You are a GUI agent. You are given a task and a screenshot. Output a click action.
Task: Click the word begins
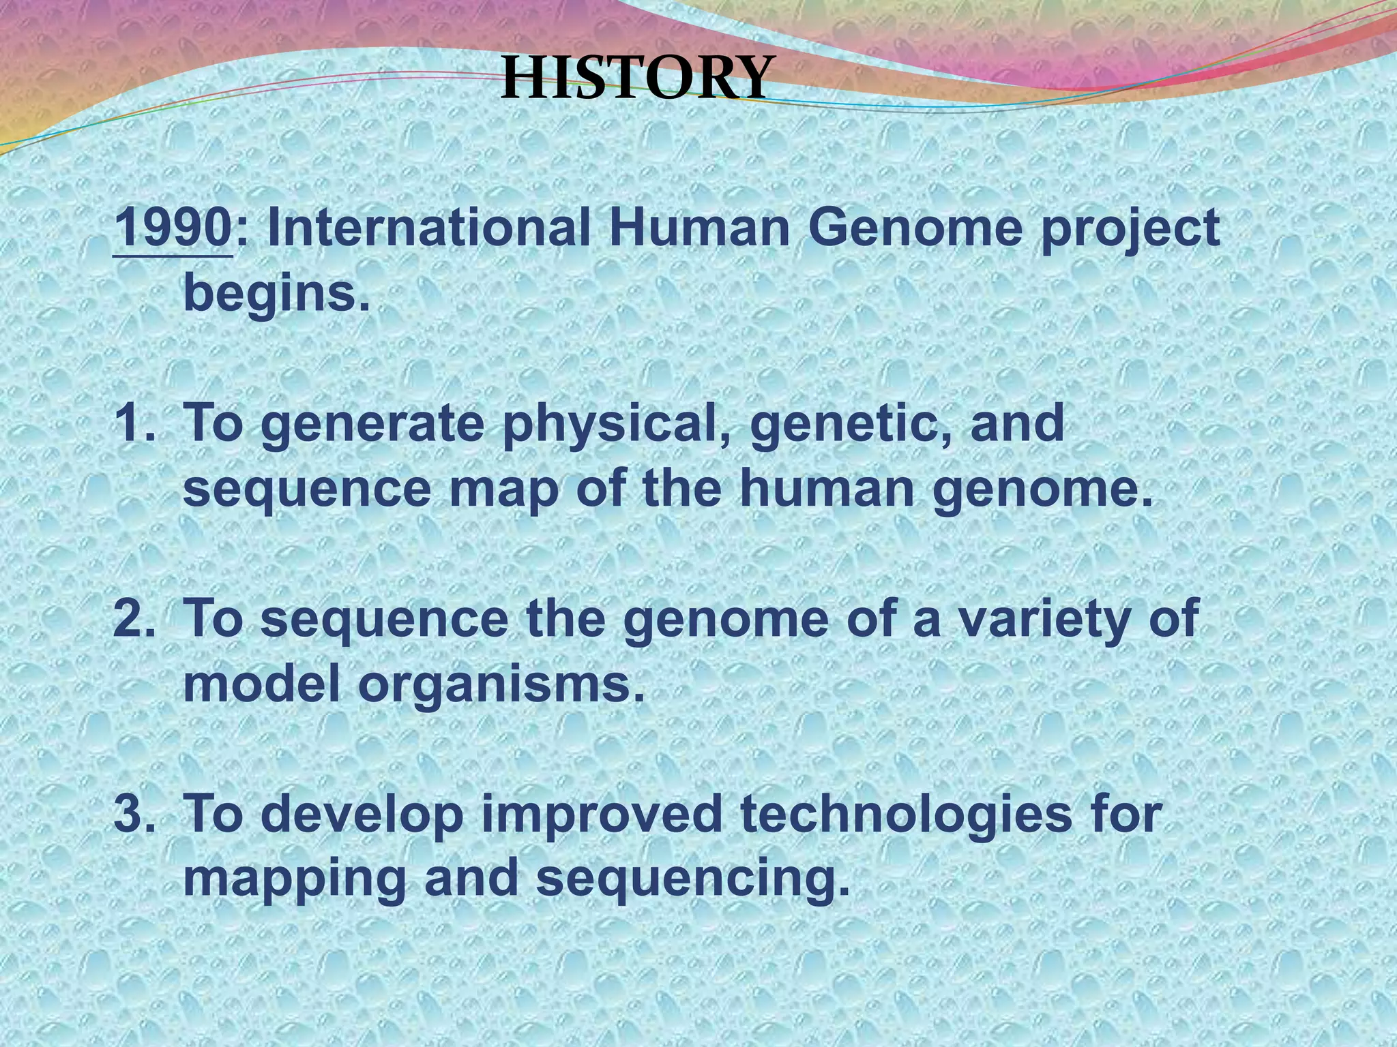(x=277, y=294)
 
